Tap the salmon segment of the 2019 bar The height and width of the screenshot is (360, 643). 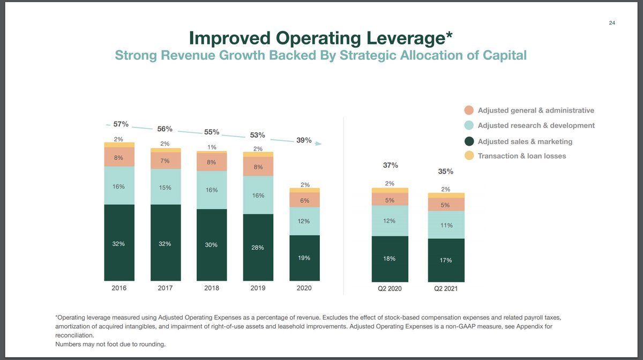click(x=258, y=167)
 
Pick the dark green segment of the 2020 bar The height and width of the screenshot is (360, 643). click(x=304, y=258)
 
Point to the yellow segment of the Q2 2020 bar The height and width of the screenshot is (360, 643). click(x=390, y=190)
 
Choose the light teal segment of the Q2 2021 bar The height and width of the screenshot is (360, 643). click(x=446, y=225)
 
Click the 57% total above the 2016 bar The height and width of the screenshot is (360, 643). click(x=121, y=124)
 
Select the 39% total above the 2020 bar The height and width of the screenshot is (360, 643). click(x=304, y=140)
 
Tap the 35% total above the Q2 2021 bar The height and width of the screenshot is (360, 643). click(x=446, y=171)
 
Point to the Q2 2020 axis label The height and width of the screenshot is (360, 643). click(x=390, y=289)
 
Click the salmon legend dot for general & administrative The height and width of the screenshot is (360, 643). click(x=469, y=110)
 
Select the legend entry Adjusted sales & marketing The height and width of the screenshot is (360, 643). click(x=525, y=141)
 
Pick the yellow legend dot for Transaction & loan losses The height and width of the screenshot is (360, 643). click(x=469, y=156)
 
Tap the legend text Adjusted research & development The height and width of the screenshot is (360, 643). click(x=536, y=125)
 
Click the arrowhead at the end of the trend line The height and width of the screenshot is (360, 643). click(x=319, y=144)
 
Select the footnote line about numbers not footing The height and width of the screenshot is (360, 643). click(x=110, y=344)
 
